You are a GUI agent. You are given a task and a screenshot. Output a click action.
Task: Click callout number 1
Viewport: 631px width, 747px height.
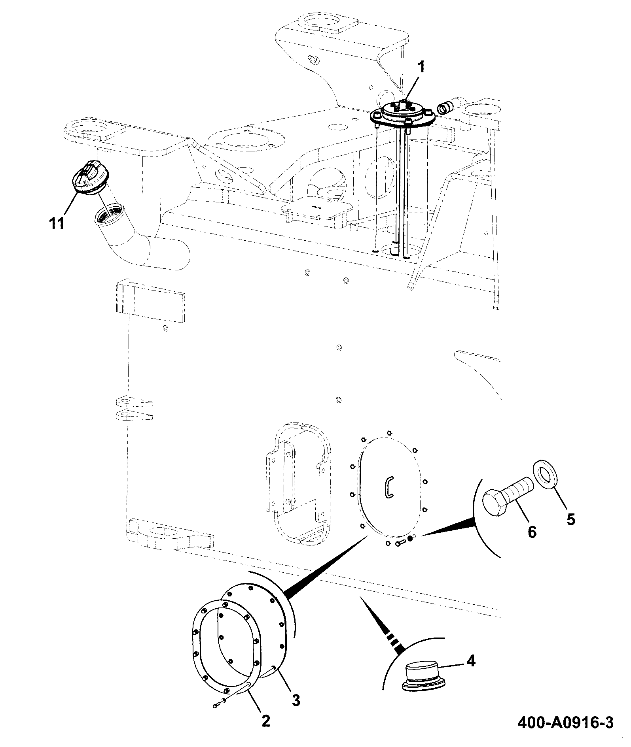click(421, 67)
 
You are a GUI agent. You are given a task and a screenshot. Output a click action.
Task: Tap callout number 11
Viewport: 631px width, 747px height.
click(57, 223)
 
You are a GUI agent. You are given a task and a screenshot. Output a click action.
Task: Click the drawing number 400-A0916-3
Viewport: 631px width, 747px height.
click(566, 723)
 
